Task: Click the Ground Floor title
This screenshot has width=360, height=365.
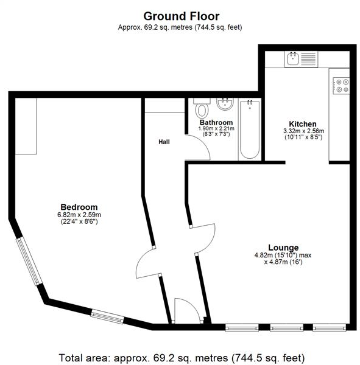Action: coord(181,16)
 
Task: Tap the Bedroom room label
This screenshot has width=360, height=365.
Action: coord(79,207)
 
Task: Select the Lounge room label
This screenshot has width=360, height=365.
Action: coord(284,248)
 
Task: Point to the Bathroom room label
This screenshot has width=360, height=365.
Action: coord(216,122)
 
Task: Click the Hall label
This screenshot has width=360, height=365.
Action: coord(164,142)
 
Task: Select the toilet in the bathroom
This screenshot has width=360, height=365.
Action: coord(201,110)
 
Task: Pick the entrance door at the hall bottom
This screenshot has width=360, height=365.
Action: coord(184,311)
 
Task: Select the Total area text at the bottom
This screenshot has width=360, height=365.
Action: coord(181,356)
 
